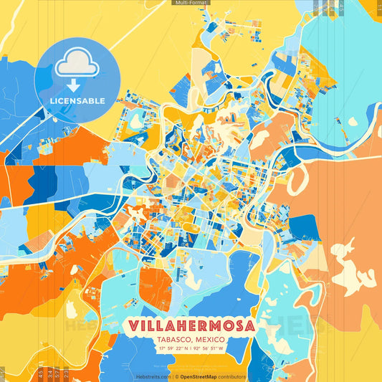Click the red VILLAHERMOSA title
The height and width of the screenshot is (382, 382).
(x=191, y=325)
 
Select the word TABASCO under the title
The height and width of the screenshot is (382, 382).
(x=175, y=339)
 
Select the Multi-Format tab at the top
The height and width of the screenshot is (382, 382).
(x=191, y=3)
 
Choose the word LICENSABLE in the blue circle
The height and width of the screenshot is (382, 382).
(x=77, y=101)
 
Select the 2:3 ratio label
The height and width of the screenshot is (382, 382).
(x=66, y=373)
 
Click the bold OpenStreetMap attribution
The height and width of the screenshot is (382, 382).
(x=200, y=376)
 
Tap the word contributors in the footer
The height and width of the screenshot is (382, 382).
(x=233, y=376)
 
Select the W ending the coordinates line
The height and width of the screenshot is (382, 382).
(x=221, y=349)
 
